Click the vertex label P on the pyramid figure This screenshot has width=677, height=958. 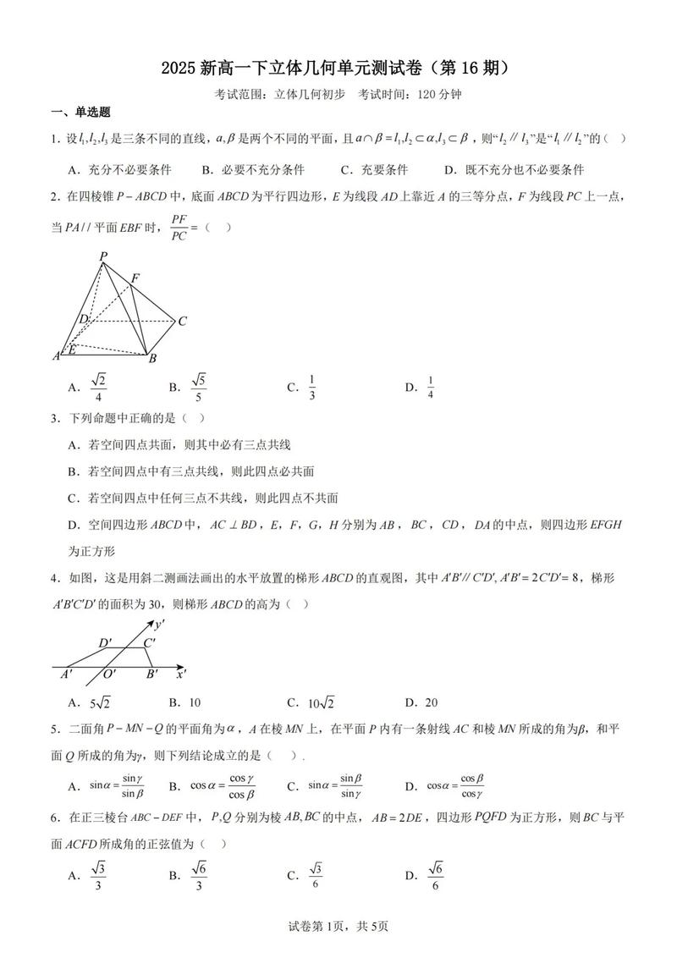[x=103, y=256]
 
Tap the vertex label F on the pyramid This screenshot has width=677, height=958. [x=135, y=278]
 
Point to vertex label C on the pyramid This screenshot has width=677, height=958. [x=182, y=321]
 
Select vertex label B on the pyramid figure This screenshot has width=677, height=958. [x=152, y=358]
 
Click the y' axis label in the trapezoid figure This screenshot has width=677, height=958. [x=160, y=625]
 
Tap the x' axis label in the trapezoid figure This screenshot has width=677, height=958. [x=181, y=674]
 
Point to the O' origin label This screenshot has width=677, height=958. [x=109, y=674]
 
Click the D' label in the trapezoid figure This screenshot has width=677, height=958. [x=106, y=643]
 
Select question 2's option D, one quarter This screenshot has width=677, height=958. [x=430, y=387]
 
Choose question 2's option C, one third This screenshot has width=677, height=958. [x=311, y=387]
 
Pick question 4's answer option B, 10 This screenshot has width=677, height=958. [x=194, y=702]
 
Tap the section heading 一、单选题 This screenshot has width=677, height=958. [x=81, y=113]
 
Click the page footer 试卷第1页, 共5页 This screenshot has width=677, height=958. [x=338, y=926]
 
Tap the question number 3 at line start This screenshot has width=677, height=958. [x=54, y=417]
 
